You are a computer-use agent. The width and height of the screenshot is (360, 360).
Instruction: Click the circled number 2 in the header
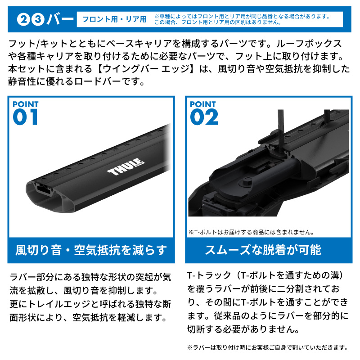(23, 20)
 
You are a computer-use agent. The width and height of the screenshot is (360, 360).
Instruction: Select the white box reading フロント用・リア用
(114, 20)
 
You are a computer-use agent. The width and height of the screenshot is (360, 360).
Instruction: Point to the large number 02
(204, 117)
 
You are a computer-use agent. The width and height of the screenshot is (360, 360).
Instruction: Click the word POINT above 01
(26, 104)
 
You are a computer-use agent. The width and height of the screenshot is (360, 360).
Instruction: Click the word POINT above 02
(203, 104)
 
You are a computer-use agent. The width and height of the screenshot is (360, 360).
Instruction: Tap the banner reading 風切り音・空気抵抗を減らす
(91, 250)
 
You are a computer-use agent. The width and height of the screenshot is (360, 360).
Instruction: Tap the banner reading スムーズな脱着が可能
(269, 250)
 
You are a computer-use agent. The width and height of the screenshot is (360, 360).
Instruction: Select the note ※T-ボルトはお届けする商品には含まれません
(251, 233)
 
